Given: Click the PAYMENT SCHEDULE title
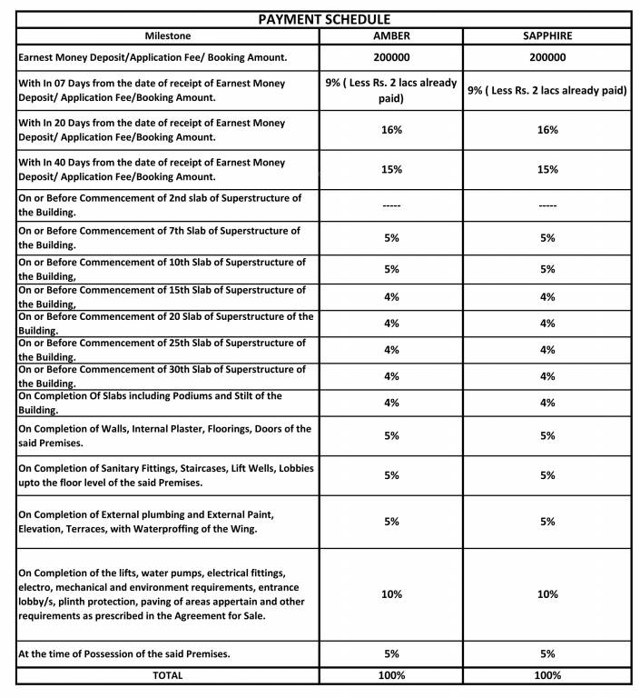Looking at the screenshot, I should (324, 18).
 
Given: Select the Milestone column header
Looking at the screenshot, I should (167, 36).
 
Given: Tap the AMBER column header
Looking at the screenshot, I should (391, 36).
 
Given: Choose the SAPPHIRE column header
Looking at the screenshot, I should (546, 36).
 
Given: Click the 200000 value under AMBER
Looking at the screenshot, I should (391, 57).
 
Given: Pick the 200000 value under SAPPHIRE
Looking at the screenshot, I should (546, 57).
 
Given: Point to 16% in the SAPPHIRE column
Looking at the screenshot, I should (546, 130).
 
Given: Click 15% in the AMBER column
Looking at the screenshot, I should (391, 170).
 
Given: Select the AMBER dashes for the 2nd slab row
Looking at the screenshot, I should (391, 206).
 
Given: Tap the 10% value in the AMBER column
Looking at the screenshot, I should (391, 594).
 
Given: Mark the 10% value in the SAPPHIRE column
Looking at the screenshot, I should (546, 594).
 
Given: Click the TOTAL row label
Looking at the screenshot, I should (167, 675).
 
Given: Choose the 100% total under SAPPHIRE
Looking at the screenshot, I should (546, 675).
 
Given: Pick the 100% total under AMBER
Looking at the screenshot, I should (391, 675).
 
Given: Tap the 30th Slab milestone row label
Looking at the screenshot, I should (162, 375).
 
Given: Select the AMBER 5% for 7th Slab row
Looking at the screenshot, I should (391, 238).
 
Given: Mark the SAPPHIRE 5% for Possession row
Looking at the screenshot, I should (546, 653).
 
